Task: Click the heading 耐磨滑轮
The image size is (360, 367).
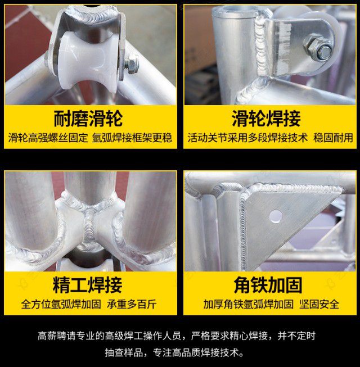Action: pos(88,119)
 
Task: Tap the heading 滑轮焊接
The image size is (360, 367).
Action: pos(266,119)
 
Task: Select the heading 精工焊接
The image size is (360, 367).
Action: pos(88,285)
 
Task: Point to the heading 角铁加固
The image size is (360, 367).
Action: pos(268,285)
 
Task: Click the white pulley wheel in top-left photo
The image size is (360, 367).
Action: pos(87,60)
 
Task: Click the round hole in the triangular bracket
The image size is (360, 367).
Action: pos(276,216)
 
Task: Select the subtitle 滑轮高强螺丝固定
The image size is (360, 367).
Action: pos(48,138)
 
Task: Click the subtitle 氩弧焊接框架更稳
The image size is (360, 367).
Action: pos(132,138)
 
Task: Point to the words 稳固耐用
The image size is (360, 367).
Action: pos(333,138)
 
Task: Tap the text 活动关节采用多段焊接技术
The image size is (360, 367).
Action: pos(247,138)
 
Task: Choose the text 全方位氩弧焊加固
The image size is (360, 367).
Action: pos(61,304)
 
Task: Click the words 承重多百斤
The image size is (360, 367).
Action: pos(132,304)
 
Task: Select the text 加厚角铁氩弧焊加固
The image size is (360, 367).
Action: pos(248,304)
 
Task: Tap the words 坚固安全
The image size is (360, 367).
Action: pos(319,304)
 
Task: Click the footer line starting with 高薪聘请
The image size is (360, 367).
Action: pos(177,336)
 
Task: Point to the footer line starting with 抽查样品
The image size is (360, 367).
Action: pos(175,352)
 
